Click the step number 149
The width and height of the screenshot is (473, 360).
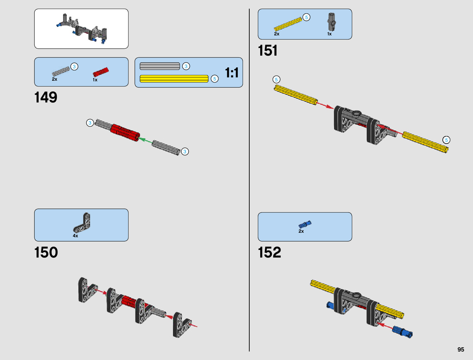pos(46,97)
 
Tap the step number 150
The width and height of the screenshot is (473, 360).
pos(46,252)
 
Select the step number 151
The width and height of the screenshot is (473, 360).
pos(267,50)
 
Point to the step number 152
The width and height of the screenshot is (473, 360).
pos(269,252)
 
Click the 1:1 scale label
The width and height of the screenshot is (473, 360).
pos(232,73)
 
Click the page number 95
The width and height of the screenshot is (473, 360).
pos(461,349)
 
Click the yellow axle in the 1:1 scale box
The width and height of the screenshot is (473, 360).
pos(174,79)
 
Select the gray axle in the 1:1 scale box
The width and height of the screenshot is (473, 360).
pos(160,66)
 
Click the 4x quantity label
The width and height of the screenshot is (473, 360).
pos(75,236)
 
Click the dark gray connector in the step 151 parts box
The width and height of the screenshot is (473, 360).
pos(331,22)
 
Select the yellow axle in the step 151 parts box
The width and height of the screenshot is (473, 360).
pos(288,24)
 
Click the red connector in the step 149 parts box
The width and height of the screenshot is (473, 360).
pos(100,72)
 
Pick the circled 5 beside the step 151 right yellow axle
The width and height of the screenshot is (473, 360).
pos(446,140)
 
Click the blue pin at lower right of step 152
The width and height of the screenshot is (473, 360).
pos(402,331)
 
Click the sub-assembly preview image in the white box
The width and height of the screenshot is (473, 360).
pos(81,29)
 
